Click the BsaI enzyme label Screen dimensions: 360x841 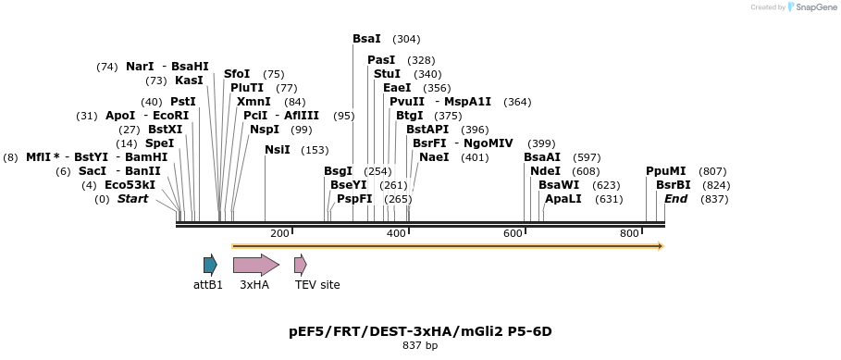[366, 39]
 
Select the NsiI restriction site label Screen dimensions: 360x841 [278, 150]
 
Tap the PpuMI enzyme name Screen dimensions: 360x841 [666, 171]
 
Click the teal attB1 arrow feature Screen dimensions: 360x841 [210, 265]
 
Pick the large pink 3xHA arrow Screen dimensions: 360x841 [255, 265]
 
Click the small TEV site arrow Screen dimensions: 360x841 [300, 265]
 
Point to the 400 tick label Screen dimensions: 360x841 [396, 233]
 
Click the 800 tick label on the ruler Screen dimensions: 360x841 [629, 233]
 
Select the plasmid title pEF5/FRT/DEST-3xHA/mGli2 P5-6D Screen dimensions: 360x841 [420, 330]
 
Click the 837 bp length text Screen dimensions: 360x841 [420, 346]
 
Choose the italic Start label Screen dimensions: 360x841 [132, 199]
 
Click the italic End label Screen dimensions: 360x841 [675, 199]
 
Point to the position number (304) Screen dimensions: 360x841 [406, 39]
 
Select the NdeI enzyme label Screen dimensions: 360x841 [545, 171]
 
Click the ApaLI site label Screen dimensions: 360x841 [563, 199]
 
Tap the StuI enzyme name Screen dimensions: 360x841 [387, 74]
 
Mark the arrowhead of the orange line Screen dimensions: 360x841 [661, 246]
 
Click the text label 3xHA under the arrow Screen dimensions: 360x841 [254, 285]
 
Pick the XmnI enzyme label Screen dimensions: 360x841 [254, 102]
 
